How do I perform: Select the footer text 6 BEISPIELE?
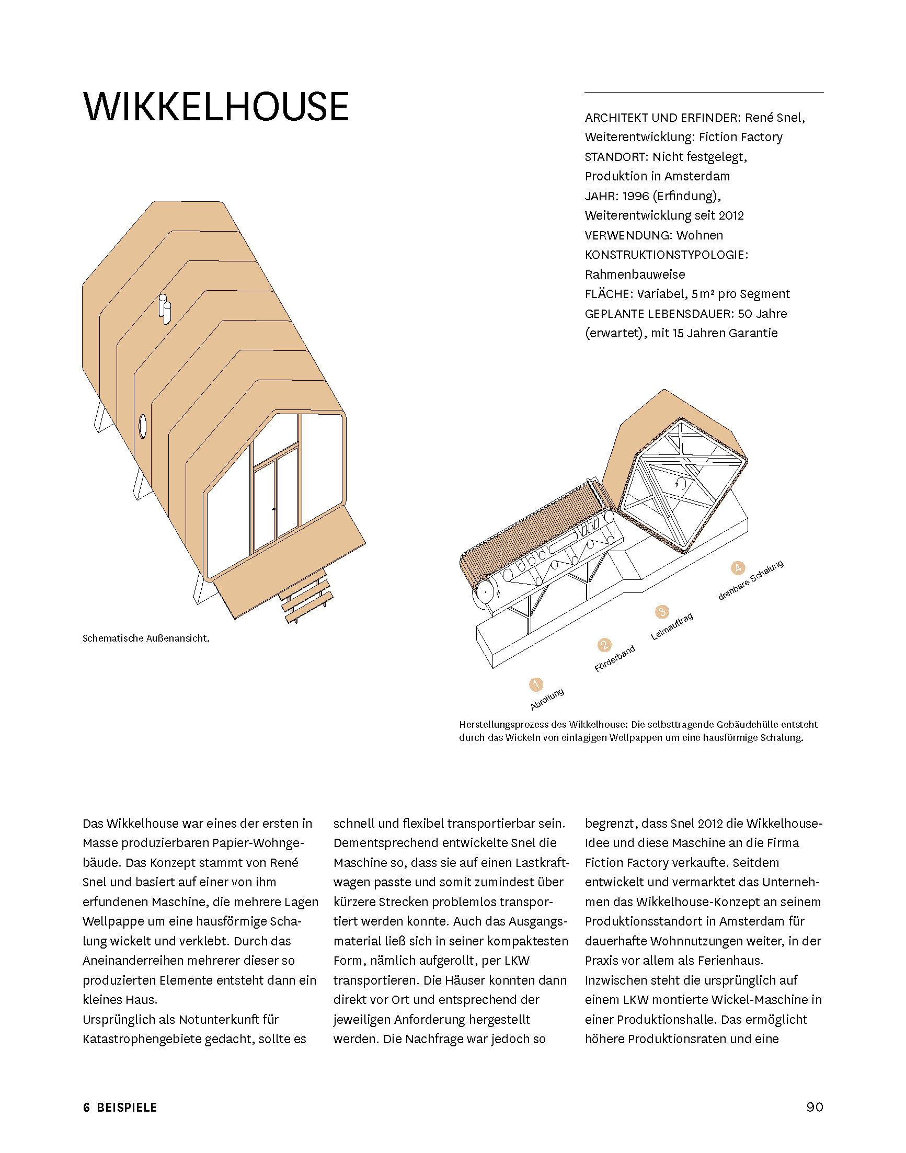(120, 1108)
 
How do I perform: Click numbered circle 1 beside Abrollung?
(536, 684)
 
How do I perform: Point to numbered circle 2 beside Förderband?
(604, 645)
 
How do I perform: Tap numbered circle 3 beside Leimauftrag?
(661, 612)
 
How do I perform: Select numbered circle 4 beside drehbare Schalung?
(738, 568)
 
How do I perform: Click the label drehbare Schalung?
(751, 581)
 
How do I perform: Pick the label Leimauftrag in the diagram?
(672, 626)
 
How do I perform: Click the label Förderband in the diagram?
(615, 659)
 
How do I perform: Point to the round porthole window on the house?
(142, 426)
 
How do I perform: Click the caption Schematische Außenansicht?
(146, 638)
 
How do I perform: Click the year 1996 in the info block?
(636, 196)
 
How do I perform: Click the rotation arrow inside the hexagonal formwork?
(681, 483)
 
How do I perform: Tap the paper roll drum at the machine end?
(485, 592)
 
